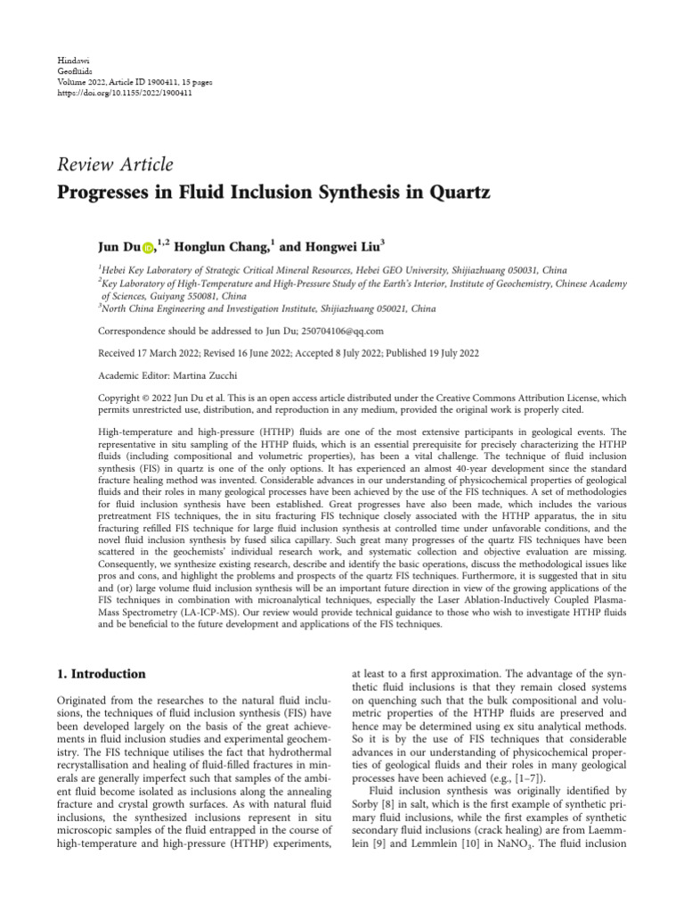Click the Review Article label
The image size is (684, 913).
point(116,163)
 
